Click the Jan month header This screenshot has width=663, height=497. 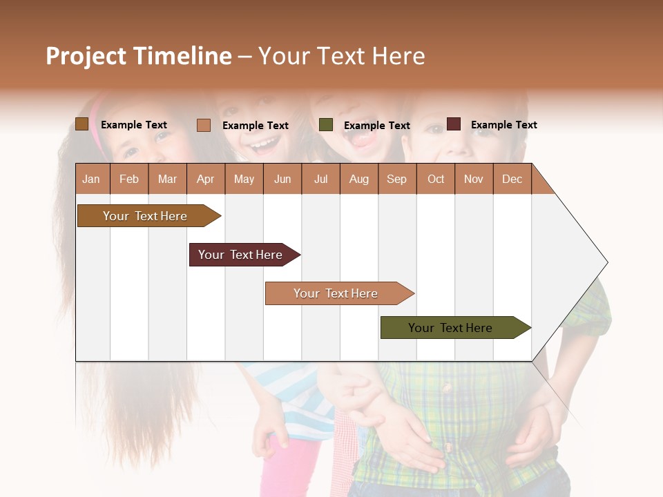[91, 179]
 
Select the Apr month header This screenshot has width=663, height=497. [206, 179]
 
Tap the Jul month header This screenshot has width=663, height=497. [320, 179]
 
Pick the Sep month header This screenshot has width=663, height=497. [396, 179]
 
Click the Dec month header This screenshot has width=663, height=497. [512, 179]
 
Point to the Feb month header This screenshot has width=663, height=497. [129, 179]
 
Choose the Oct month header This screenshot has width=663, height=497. [436, 179]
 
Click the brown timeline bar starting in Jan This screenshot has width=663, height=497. [145, 216]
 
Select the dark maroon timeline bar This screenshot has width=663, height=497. [240, 255]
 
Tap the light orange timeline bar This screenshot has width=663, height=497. [336, 293]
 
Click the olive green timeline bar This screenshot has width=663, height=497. [450, 328]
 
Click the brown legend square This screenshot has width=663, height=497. [81, 124]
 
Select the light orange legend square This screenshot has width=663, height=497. [203, 125]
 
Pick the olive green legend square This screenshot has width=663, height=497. [326, 125]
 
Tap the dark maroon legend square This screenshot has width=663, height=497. [453, 124]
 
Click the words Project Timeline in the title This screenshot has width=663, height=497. [139, 56]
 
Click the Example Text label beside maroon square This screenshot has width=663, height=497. [503, 125]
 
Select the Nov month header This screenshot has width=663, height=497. [474, 179]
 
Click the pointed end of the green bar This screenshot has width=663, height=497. [528, 328]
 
